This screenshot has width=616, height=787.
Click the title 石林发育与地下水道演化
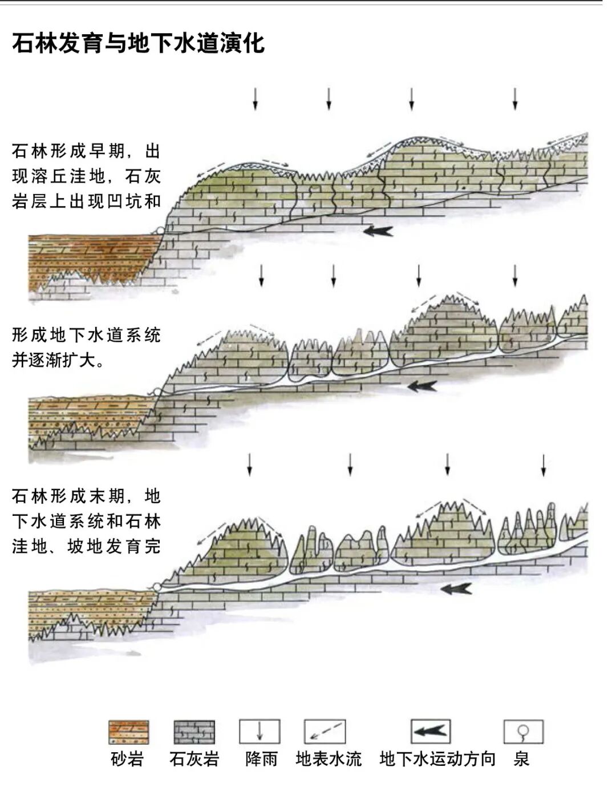tap(138, 43)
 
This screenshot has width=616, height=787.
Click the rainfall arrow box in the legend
tap(260, 732)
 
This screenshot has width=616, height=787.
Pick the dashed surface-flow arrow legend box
tap(325, 732)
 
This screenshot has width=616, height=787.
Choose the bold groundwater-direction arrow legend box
tap(431, 731)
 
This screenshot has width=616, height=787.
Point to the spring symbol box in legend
tap(523, 732)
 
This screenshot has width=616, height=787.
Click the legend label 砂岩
tap(127, 759)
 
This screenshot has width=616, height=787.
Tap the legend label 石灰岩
tap(194, 759)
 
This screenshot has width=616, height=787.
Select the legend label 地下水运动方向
tap(437, 759)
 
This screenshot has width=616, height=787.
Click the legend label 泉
tap(521, 759)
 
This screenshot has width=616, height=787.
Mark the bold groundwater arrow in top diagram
tap(378, 231)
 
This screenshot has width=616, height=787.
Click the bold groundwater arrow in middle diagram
tap(422, 386)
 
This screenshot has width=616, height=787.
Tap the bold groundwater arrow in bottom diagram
tap(456, 588)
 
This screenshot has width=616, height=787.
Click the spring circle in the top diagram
tap(160, 230)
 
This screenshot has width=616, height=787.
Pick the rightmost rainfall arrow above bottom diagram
tap(544, 465)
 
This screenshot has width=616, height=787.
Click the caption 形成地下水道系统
tap(86, 335)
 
